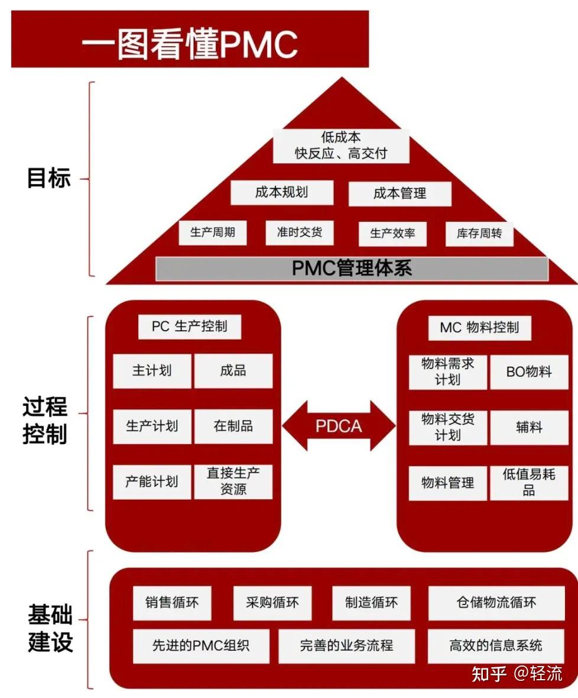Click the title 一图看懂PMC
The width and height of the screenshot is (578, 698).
[190, 43]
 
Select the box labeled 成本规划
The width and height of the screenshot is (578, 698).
[281, 192]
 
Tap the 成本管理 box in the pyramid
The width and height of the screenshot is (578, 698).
[400, 193]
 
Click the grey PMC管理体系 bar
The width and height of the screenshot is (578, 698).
[352, 269]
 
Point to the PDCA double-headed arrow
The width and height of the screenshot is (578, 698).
[339, 426]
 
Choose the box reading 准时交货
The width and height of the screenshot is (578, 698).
[300, 232]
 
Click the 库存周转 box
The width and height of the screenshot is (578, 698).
[479, 234]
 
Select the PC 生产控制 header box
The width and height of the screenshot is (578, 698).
[189, 327]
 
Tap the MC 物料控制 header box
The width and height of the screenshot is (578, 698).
[479, 328]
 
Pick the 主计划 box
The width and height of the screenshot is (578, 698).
[152, 371]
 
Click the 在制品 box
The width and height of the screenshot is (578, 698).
[233, 426]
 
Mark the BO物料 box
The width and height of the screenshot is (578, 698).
[529, 371]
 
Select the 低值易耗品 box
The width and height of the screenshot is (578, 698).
[529, 483]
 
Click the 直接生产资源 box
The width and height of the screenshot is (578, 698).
[233, 481]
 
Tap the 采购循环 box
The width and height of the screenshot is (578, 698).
[272, 603]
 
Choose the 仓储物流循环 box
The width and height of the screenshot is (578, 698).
[496, 603]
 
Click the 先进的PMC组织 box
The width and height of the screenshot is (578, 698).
[201, 645]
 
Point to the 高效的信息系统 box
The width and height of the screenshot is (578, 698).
[496, 645]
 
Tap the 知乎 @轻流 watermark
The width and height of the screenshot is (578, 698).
[517, 673]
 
